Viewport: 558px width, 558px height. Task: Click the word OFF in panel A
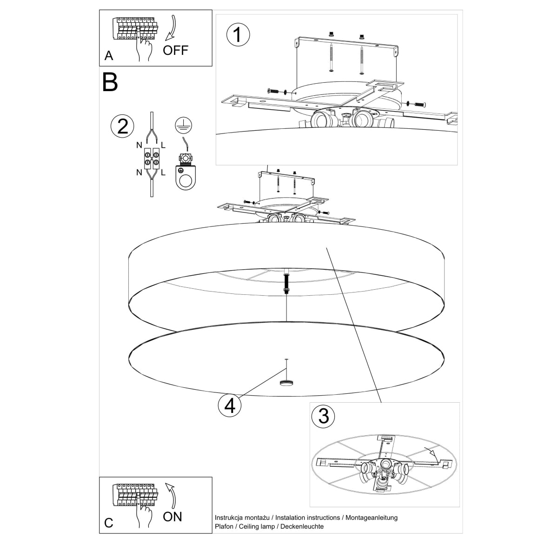point(176,50)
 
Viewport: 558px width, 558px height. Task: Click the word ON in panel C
point(173,516)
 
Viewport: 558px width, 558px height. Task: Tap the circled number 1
point(238,35)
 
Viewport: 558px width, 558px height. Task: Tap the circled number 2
point(122,126)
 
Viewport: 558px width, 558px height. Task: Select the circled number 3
point(324,416)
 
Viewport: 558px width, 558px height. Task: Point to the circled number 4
point(229,405)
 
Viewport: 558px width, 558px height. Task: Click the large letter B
point(110,82)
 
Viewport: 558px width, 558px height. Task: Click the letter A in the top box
point(109,56)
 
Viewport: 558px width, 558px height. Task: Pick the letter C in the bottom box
point(108,523)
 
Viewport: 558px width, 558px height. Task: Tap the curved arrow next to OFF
point(173,28)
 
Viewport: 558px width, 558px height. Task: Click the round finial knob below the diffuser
point(286,383)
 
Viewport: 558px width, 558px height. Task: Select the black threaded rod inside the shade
point(287,284)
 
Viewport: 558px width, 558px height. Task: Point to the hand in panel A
point(145,49)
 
